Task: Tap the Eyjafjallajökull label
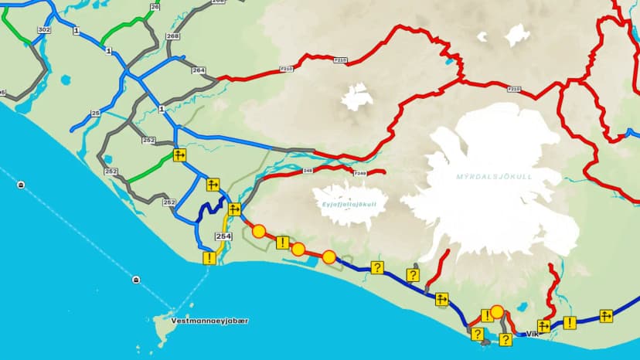(x=349, y=204)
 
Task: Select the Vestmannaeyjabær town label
(x=200, y=320)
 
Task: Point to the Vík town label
(x=531, y=334)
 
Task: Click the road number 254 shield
(x=223, y=236)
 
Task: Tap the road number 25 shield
(x=96, y=114)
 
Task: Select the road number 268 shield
(x=172, y=36)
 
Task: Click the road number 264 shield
(x=199, y=70)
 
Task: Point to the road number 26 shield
(x=155, y=6)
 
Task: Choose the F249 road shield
(x=359, y=174)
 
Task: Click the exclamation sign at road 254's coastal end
(x=209, y=258)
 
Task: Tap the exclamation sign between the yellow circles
(x=282, y=243)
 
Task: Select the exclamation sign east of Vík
(x=570, y=323)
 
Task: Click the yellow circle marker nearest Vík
(x=497, y=312)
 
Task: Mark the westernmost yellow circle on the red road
(x=259, y=231)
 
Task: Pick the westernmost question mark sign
(x=377, y=267)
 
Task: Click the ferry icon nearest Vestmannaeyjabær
(x=137, y=279)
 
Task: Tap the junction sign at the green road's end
(x=179, y=155)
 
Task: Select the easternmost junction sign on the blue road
(x=606, y=315)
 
